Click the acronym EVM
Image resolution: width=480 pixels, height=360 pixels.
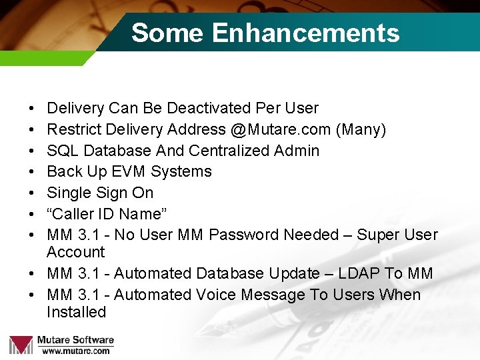(x=129, y=171)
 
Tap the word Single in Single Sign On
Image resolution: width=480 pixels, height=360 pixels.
(x=67, y=193)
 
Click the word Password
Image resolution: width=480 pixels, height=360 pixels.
(x=243, y=235)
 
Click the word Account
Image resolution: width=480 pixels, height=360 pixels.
(x=75, y=252)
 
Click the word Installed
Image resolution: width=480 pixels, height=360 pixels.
(x=76, y=312)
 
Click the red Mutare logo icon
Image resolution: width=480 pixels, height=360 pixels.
(x=21, y=344)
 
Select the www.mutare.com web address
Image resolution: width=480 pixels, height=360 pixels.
(x=75, y=351)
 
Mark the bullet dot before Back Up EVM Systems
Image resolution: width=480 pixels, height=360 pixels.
(x=33, y=171)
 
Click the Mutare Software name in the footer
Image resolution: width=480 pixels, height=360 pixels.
(x=75, y=340)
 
